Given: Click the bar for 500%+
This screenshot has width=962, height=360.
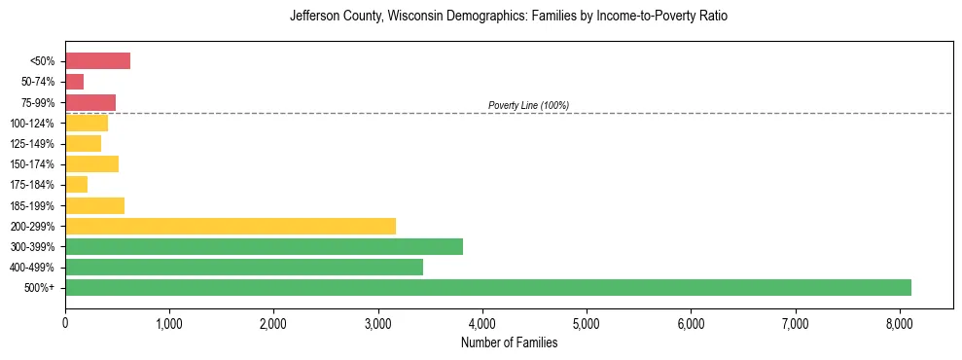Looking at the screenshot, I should point(486,287).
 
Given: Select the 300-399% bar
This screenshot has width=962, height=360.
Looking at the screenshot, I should point(263,246).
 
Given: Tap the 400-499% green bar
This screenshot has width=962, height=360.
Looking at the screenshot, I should point(243,267).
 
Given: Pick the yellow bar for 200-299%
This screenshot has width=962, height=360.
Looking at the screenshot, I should point(230,226).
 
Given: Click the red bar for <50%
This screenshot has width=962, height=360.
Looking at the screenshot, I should point(97,61).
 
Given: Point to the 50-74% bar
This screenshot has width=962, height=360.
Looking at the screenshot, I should point(75,82).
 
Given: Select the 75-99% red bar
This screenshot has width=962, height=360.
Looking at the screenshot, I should point(90,102).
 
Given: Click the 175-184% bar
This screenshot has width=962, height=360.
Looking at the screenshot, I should point(77,185).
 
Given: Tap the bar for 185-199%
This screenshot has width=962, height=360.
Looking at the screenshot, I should point(94,205).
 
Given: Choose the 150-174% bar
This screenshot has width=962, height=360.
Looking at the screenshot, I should point(91,163).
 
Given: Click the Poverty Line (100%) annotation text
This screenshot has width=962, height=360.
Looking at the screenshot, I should point(528,105).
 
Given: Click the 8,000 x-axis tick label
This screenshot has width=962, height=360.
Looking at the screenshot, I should point(900,323).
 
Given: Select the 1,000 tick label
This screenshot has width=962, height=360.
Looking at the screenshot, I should point(169,323).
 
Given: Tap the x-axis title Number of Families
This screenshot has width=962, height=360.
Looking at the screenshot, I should point(509,342).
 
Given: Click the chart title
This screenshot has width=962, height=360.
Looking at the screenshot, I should point(509,17).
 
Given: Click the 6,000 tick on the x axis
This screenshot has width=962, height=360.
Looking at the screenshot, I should point(691,323).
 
